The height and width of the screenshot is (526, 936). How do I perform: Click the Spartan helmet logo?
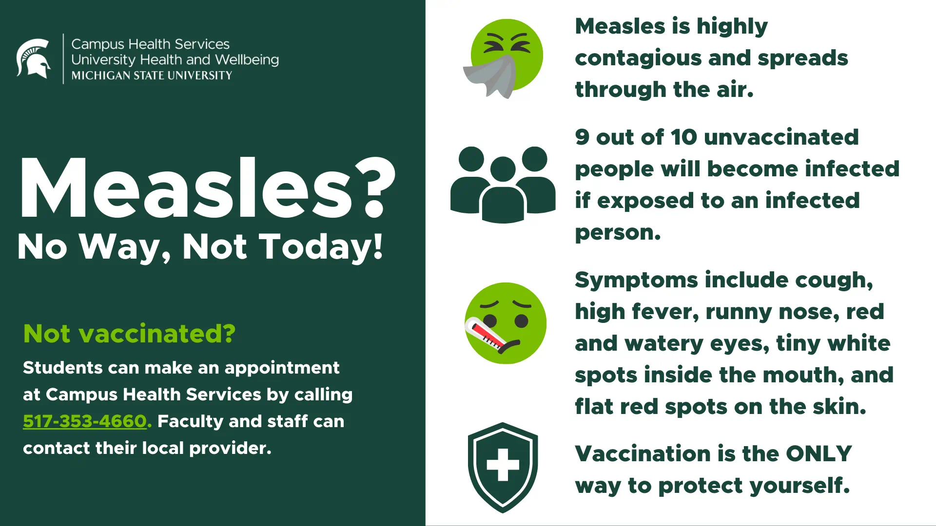[x=33, y=58]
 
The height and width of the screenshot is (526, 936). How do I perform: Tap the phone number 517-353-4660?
[x=85, y=421]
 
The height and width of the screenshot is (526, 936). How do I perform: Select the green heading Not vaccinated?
[x=129, y=334]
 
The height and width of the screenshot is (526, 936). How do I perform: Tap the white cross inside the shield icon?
[x=503, y=464]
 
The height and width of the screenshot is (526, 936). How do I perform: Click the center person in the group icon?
[x=503, y=192]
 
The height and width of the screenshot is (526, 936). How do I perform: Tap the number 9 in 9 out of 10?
[x=582, y=137]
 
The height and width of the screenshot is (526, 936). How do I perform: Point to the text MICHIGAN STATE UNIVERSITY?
[x=152, y=75]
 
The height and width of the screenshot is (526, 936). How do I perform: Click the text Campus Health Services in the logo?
[x=150, y=44]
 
